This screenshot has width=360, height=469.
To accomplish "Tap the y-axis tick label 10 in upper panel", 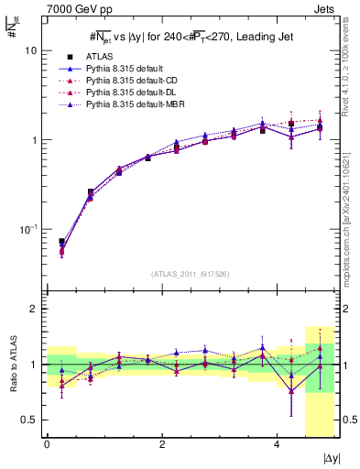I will pyautogui.click(x=30, y=51).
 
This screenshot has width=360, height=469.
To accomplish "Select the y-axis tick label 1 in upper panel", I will pyautogui.click(x=35, y=140).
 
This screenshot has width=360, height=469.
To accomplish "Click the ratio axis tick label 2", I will pyautogui.click(x=35, y=310).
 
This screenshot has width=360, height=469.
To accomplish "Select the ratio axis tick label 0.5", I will pyautogui.click(x=30, y=420).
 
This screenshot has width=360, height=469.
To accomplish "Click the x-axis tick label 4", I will pyautogui.click(x=276, y=445).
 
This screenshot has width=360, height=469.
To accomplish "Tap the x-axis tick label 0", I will pyautogui.click(x=47, y=445).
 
